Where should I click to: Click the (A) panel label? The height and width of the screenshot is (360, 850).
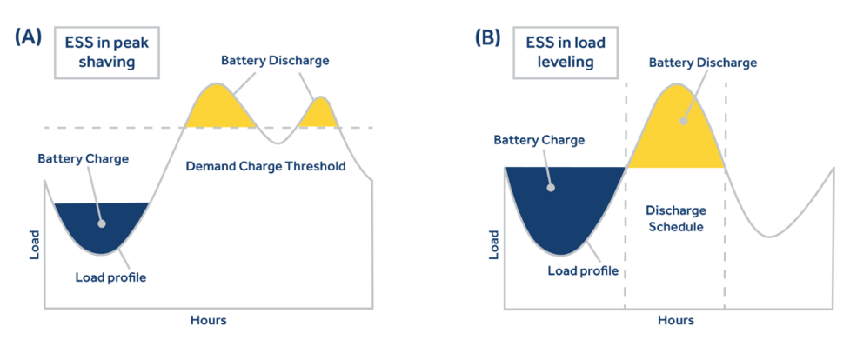click(x=29, y=37)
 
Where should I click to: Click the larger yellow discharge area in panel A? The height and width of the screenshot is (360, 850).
click(x=216, y=109)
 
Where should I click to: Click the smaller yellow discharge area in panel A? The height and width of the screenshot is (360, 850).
click(x=321, y=115)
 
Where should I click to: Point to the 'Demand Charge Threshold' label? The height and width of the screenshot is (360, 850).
click(x=266, y=165)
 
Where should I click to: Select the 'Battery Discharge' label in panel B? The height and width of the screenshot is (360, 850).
click(x=703, y=63)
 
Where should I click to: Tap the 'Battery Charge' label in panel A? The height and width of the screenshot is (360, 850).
click(x=84, y=159)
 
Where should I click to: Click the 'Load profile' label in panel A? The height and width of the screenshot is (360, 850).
click(x=110, y=278)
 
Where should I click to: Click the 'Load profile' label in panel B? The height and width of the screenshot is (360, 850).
click(x=582, y=270)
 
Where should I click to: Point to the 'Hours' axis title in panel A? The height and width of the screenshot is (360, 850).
click(x=208, y=320)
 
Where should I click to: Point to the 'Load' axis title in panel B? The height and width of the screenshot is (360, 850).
click(x=493, y=245)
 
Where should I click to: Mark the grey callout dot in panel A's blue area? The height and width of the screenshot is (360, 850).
click(x=103, y=223)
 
